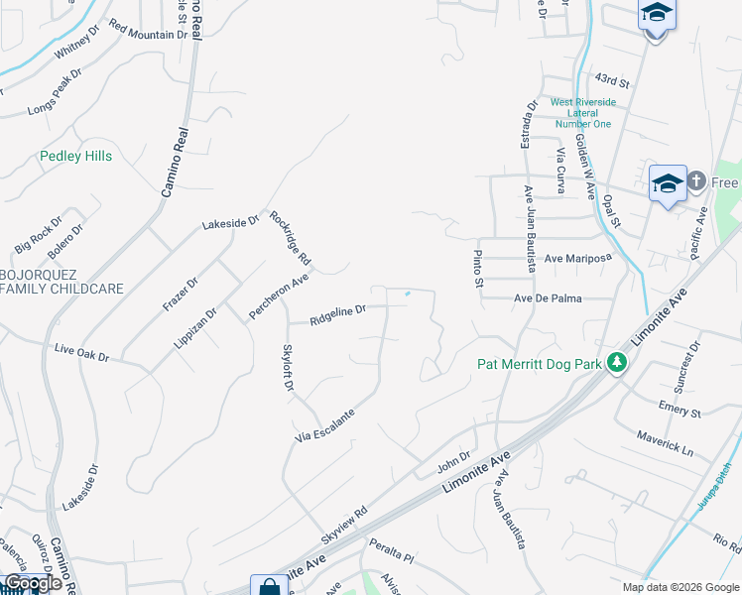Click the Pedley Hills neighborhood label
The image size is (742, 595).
pos(75,157)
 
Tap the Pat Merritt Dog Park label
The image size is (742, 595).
pos(540,364)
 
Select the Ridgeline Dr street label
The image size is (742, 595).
pos(337,315)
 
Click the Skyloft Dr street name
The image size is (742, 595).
pos(287,367)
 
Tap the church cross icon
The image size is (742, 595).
pos(696,181)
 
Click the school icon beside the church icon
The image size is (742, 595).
pos(668,183)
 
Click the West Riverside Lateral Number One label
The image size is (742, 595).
pos(582,113)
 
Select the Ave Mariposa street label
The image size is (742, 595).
pos(577,258)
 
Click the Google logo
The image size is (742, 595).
pos(34,583)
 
